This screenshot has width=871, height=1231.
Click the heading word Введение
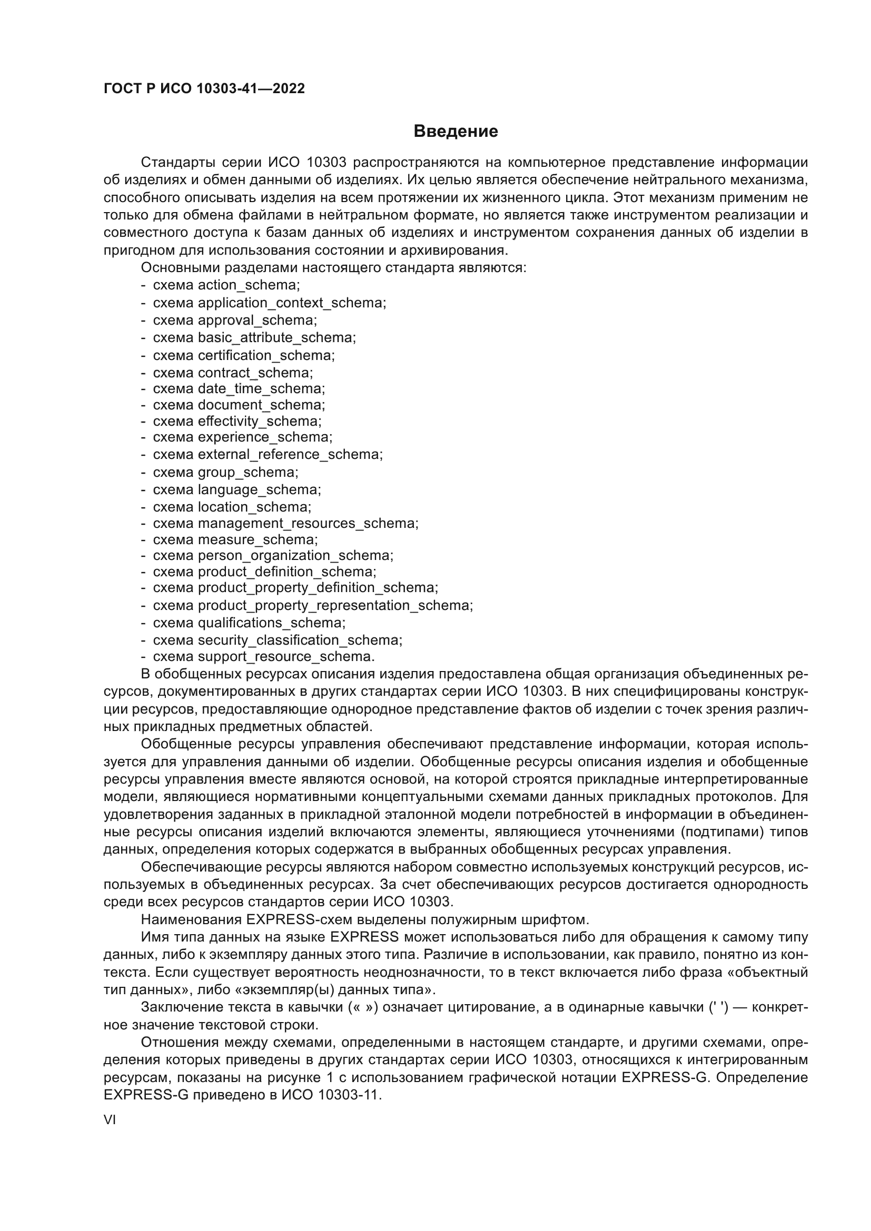click(x=456, y=132)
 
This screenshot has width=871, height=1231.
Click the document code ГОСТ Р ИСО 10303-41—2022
click(x=204, y=89)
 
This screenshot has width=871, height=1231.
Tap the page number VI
click(x=110, y=1120)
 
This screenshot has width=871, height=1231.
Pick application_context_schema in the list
click(x=291, y=303)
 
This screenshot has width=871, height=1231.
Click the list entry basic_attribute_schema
click(x=276, y=338)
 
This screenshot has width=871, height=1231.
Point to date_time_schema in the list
click(x=261, y=389)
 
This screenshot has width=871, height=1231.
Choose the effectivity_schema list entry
click(x=259, y=422)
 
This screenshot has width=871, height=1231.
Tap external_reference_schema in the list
click(x=290, y=455)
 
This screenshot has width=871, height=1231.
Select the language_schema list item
click(x=259, y=489)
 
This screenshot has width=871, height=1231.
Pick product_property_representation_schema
click(x=335, y=606)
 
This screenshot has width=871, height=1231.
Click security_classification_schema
click(x=299, y=640)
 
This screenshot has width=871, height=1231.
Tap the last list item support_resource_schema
click(x=285, y=657)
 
